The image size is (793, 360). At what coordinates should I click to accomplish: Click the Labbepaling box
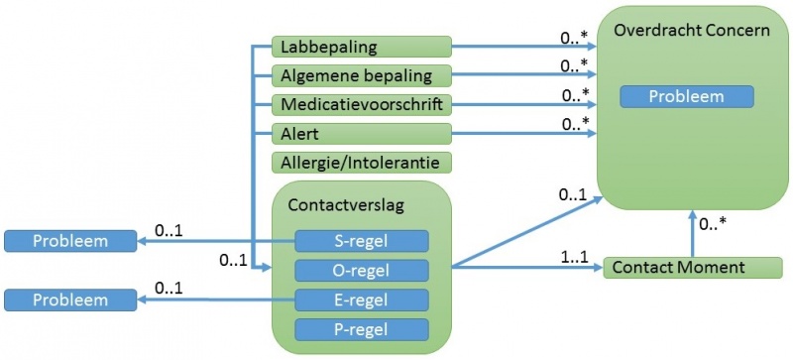point(361,47)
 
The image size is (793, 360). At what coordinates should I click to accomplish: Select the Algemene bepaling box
point(361,75)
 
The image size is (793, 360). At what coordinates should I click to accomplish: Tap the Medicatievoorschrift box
point(361,104)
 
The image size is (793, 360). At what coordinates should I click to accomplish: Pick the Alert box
point(361,133)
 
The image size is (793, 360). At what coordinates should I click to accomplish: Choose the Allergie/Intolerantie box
point(361,162)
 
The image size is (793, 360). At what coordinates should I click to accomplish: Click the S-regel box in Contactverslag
point(362,241)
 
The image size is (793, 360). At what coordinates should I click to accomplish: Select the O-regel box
point(362,270)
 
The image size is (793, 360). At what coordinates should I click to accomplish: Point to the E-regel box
point(362,300)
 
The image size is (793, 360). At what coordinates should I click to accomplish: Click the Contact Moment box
point(679,267)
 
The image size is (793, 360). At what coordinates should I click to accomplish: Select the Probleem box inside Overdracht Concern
point(686,97)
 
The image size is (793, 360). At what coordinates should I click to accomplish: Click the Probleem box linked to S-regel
point(69,241)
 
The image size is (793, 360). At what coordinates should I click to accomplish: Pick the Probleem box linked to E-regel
point(69,300)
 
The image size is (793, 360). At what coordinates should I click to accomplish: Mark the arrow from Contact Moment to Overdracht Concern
point(692,234)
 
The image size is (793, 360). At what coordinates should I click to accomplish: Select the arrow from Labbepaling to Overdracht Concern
point(525,46)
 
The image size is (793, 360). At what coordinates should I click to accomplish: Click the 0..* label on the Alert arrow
point(576,125)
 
